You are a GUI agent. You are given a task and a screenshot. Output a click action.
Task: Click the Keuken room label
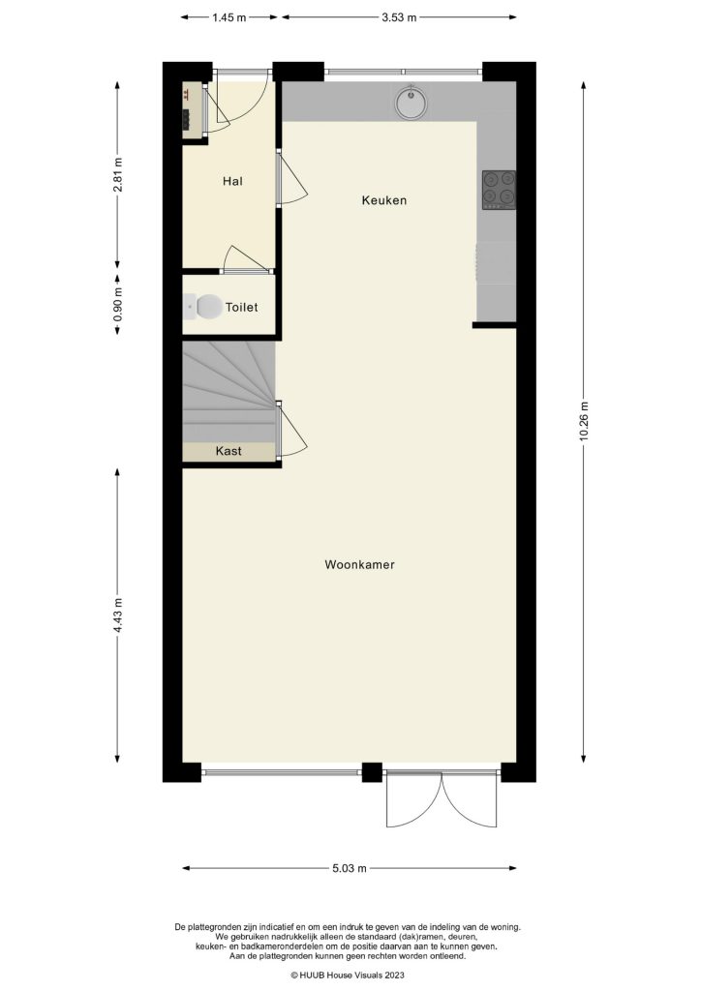pos(383,201)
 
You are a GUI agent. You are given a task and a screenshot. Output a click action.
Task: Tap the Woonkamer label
pos(359,564)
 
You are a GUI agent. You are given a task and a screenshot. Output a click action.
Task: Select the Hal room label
pos(232,181)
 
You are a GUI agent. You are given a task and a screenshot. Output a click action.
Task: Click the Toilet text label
pos(241,308)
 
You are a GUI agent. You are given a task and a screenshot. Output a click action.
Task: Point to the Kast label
pos(229,451)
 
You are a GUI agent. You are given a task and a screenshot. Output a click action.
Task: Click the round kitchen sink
pos(411,101)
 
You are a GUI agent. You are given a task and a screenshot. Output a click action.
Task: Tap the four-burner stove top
pos(499,190)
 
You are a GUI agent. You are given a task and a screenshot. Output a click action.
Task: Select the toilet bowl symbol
pos(203,307)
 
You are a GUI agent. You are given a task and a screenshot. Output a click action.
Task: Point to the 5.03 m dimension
pos(350,868)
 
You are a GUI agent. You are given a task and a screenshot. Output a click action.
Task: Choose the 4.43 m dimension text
pos(118,616)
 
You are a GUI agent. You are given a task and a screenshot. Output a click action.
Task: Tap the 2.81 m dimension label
pos(118,174)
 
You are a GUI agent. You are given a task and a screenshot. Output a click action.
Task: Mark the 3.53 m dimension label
pos(399,17)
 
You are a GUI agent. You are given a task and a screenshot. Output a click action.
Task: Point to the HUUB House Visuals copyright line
pos(350,976)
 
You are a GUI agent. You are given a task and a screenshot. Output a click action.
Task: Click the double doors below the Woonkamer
pos(442,798)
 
